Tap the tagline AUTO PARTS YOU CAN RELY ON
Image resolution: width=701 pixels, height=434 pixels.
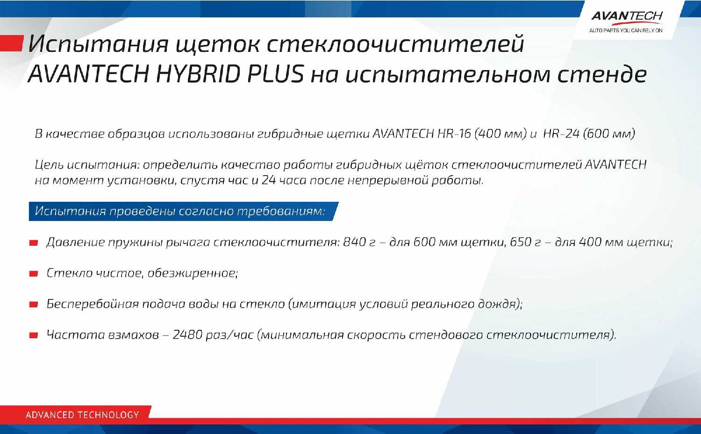(x=626, y=30)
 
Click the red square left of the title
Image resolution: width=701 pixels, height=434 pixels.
(x=12, y=43)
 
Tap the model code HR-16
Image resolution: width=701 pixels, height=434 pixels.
(x=454, y=134)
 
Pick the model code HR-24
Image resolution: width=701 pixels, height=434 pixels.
(x=561, y=134)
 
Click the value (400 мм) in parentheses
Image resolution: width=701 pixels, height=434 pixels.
(x=501, y=134)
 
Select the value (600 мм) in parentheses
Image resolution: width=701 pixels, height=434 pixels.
(x=609, y=134)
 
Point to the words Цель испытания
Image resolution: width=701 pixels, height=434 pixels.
(x=87, y=165)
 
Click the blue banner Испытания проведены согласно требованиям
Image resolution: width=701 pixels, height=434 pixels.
(x=184, y=211)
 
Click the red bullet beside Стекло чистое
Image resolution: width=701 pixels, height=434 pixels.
(x=34, y=274)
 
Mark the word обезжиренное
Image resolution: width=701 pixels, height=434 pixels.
(x=193, y=273)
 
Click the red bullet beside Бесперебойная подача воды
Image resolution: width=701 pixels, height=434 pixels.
(x=34, y=305)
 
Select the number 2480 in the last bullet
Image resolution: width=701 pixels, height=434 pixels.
(x=187, y=335)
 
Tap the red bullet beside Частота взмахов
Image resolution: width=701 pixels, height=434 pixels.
(x=34, y=335)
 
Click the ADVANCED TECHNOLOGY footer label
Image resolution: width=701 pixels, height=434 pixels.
(x=82, y=415)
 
